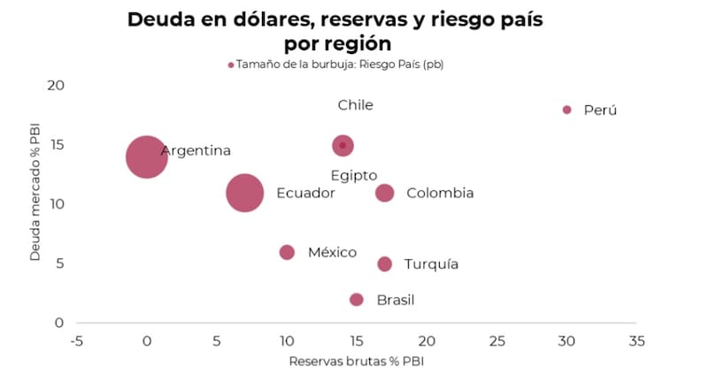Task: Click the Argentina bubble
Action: pos(147,157)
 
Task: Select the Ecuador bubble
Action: pos(244,193)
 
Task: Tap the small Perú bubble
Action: pos(567,110)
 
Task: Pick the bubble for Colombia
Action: pos(385,193)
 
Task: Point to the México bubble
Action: pos(287,252)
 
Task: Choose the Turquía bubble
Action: pos(385,264)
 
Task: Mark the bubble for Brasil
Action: pos(357,300)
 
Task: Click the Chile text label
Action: pos(355,105)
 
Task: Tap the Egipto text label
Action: pos(354,175)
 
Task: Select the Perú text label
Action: pos(600,111)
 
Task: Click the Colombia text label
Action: pos(440,193)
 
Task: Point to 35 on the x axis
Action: pos(636,340)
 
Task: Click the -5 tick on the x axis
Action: pos(77,340)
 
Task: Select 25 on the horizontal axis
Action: pos(496,340)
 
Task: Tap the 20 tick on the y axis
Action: pos(56,85)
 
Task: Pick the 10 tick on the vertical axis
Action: pos(56,204)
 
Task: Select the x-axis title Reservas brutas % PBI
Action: pos(357,362)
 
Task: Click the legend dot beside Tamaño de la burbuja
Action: pos(231,65)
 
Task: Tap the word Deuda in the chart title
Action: pos(161,19)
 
